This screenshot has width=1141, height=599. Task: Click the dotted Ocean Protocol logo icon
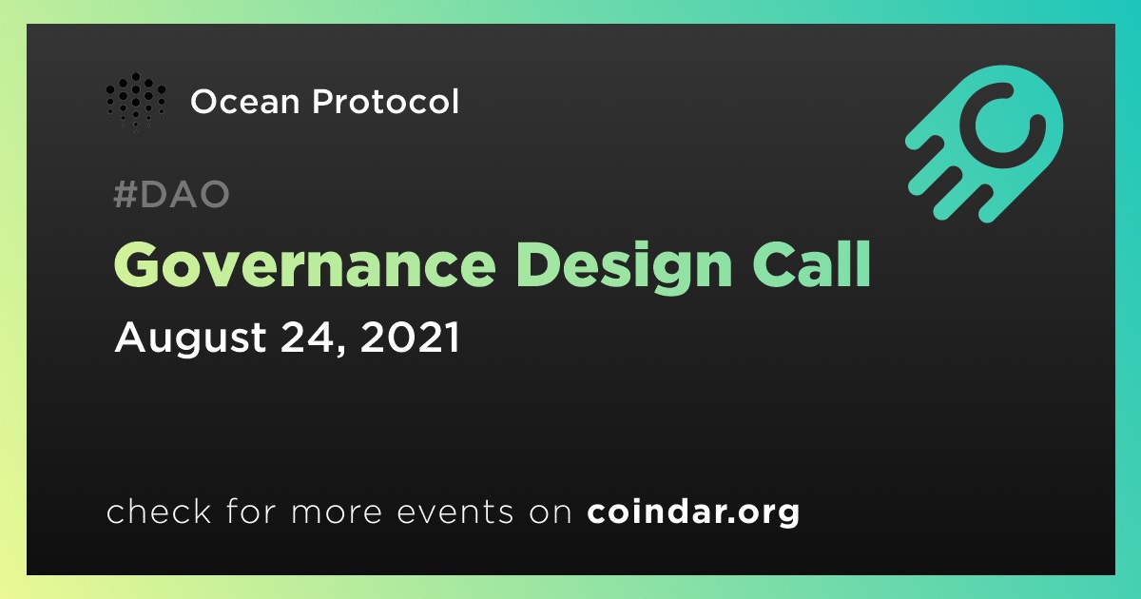click(135, 102)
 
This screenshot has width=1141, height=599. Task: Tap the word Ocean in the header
click(245, 102)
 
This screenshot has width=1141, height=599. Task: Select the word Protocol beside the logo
click(386, 101)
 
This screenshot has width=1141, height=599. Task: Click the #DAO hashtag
click(171, 194)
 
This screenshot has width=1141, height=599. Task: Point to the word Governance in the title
click(304, 265)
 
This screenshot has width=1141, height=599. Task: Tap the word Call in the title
click(812, 264)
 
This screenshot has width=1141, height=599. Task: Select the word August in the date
click(190, 338)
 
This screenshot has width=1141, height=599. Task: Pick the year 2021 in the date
click(410, 337)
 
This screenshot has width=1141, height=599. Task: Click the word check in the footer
click(159, 511)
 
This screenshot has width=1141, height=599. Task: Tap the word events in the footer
click(455, 512)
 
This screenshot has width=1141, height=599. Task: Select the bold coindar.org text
click(693, 512)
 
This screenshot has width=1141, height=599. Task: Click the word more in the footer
click(337, 512)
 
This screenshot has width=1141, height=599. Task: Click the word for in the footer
click(251, 511)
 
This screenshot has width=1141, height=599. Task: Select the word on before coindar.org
click(551, 512)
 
